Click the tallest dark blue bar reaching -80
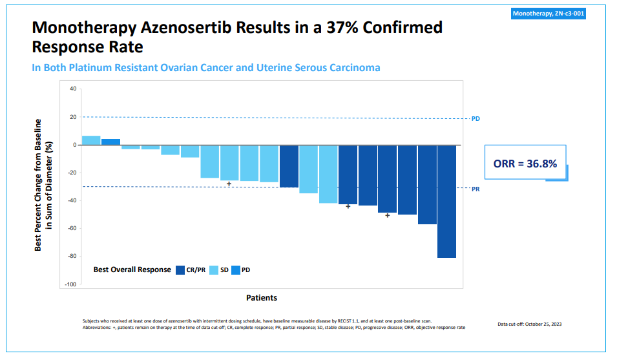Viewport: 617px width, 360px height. click(446, 201)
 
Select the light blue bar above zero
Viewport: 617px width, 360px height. click(91, 140)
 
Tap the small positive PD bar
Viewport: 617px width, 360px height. click(110, 142)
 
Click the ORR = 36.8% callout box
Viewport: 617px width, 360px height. click(525, 164)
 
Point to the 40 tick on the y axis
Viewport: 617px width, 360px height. click(73, 89)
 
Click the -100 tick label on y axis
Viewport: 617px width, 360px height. click(71, 284)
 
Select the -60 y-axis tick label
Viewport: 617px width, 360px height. click(72, 228)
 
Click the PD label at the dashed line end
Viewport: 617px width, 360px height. click(476, 119)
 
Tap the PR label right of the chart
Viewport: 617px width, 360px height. click(476, 189)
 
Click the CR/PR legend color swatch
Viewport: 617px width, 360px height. click(180, 270)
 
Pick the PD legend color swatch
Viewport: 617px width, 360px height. click(236, 270)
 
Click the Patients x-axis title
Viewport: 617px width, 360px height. click(262, 298)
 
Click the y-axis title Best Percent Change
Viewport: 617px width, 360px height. click(42, 185)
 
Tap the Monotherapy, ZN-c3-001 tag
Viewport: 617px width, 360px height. click(549, 14)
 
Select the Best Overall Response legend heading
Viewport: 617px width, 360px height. click(132, 270)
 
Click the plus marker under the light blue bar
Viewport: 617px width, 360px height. click(229, 184)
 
